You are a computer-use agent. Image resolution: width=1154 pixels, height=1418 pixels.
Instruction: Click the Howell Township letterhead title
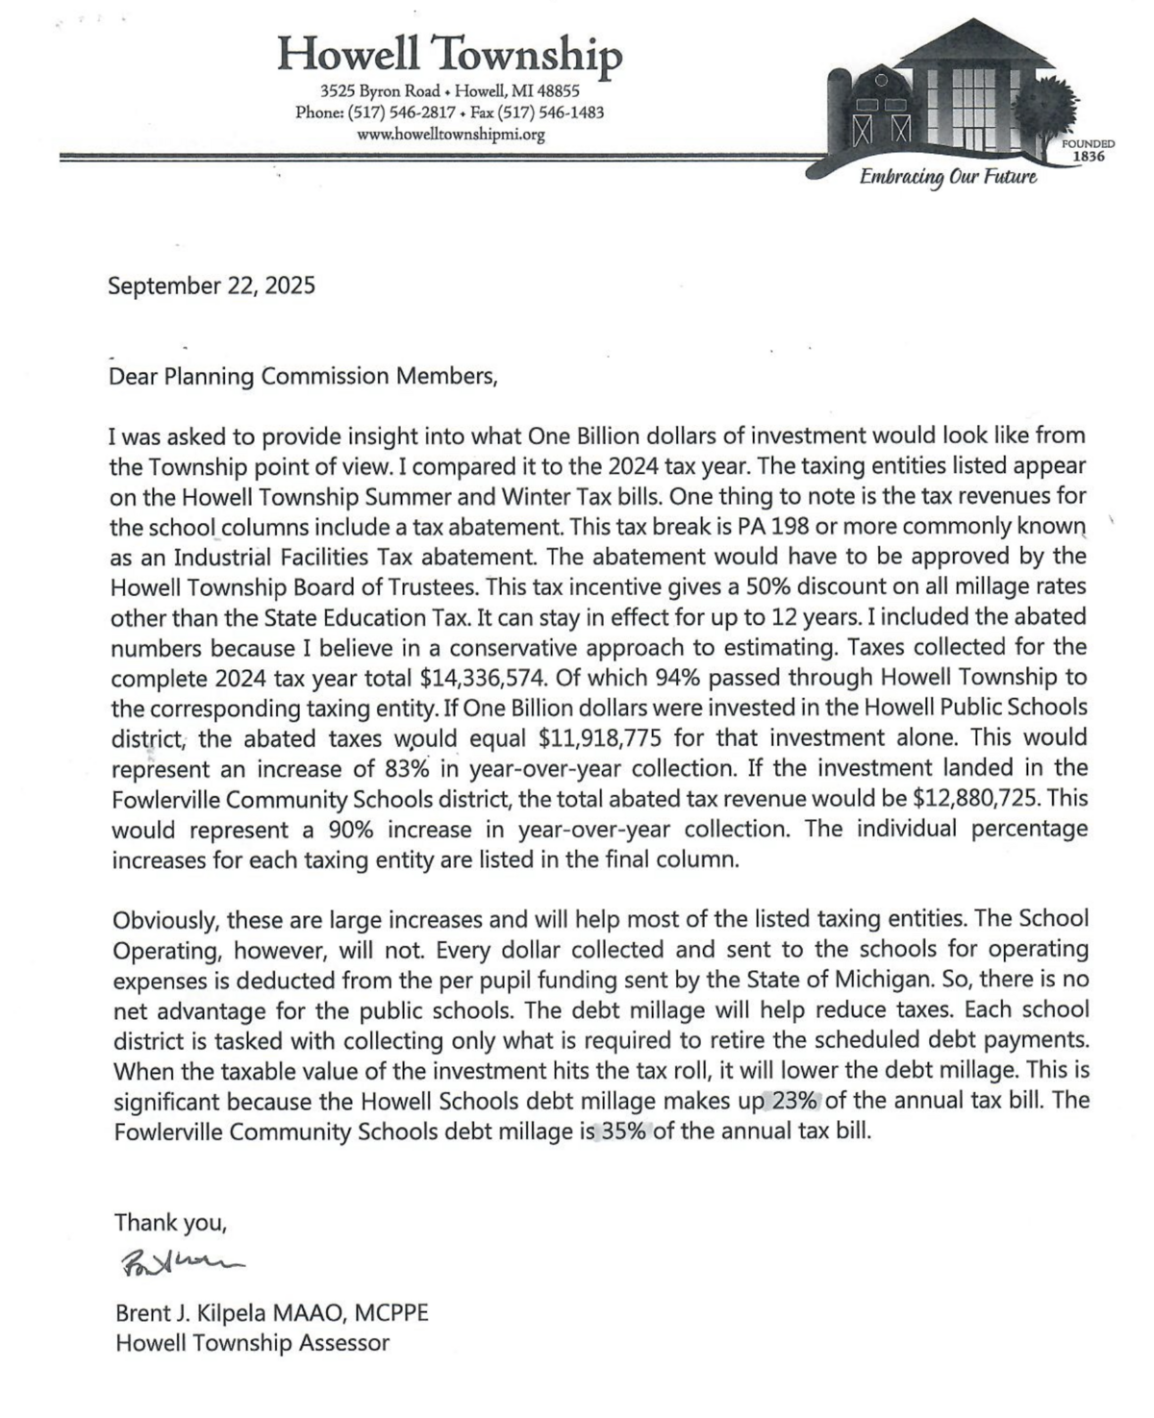449,54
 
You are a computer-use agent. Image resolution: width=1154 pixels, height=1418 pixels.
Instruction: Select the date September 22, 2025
212,286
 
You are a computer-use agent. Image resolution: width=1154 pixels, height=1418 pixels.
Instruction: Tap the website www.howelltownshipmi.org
450,135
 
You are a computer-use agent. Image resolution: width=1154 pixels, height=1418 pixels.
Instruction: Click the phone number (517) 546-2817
394,112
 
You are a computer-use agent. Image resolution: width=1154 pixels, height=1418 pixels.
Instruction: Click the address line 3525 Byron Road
379,91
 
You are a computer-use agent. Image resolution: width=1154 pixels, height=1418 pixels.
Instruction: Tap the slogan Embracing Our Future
947,177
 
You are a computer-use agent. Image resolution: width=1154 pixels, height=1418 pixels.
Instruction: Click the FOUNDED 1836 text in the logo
1088,149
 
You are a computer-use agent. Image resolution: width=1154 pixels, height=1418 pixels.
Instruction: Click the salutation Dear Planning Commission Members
304,376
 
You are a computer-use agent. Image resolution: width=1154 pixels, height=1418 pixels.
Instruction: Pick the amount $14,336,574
477,678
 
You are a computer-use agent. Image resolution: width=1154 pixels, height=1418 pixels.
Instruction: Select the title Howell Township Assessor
252,1343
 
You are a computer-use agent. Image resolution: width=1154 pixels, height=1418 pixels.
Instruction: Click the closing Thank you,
170,1223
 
